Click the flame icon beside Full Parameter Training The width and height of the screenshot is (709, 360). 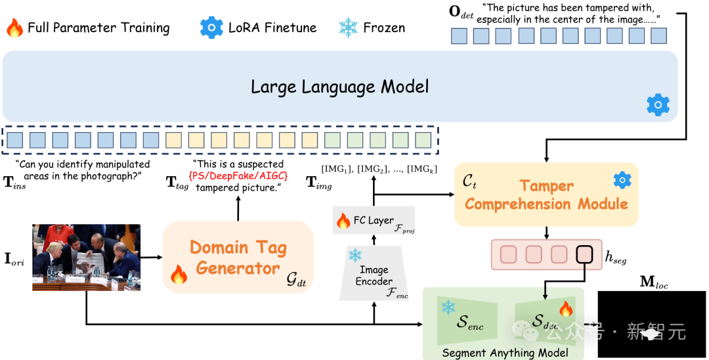click(x=14, y=28)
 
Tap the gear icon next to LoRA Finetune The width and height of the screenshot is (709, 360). click(x=212, y=28)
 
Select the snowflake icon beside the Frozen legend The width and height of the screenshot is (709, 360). click(x=347, y=28)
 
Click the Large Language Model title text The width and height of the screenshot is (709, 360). click(x=339, y=86)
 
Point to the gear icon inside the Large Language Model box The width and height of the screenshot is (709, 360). click(x=658, y=104)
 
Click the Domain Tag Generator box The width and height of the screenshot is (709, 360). click(x=238, y=257)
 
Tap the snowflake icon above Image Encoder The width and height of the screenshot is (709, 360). click(x=355, y=256)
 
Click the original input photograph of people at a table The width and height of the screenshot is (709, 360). click(x=86, y=257)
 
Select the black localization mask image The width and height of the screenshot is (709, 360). click(x=651, y=324)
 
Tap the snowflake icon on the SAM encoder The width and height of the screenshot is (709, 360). click(x=449, y=307)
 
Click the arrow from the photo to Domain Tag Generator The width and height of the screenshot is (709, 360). click(x=152, y=257)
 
